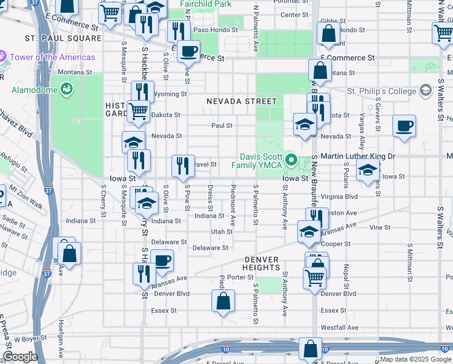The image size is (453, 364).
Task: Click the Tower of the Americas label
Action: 52,57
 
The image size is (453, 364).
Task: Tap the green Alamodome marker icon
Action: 67,90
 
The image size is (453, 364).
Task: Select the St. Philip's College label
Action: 382,91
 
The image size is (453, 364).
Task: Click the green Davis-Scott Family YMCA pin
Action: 291,161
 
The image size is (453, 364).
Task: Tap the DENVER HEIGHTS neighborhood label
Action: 261,263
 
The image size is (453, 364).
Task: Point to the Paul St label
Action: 222,126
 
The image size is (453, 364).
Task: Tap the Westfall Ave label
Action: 340,327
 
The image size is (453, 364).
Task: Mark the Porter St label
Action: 240,277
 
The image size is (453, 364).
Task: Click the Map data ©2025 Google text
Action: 415,359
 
